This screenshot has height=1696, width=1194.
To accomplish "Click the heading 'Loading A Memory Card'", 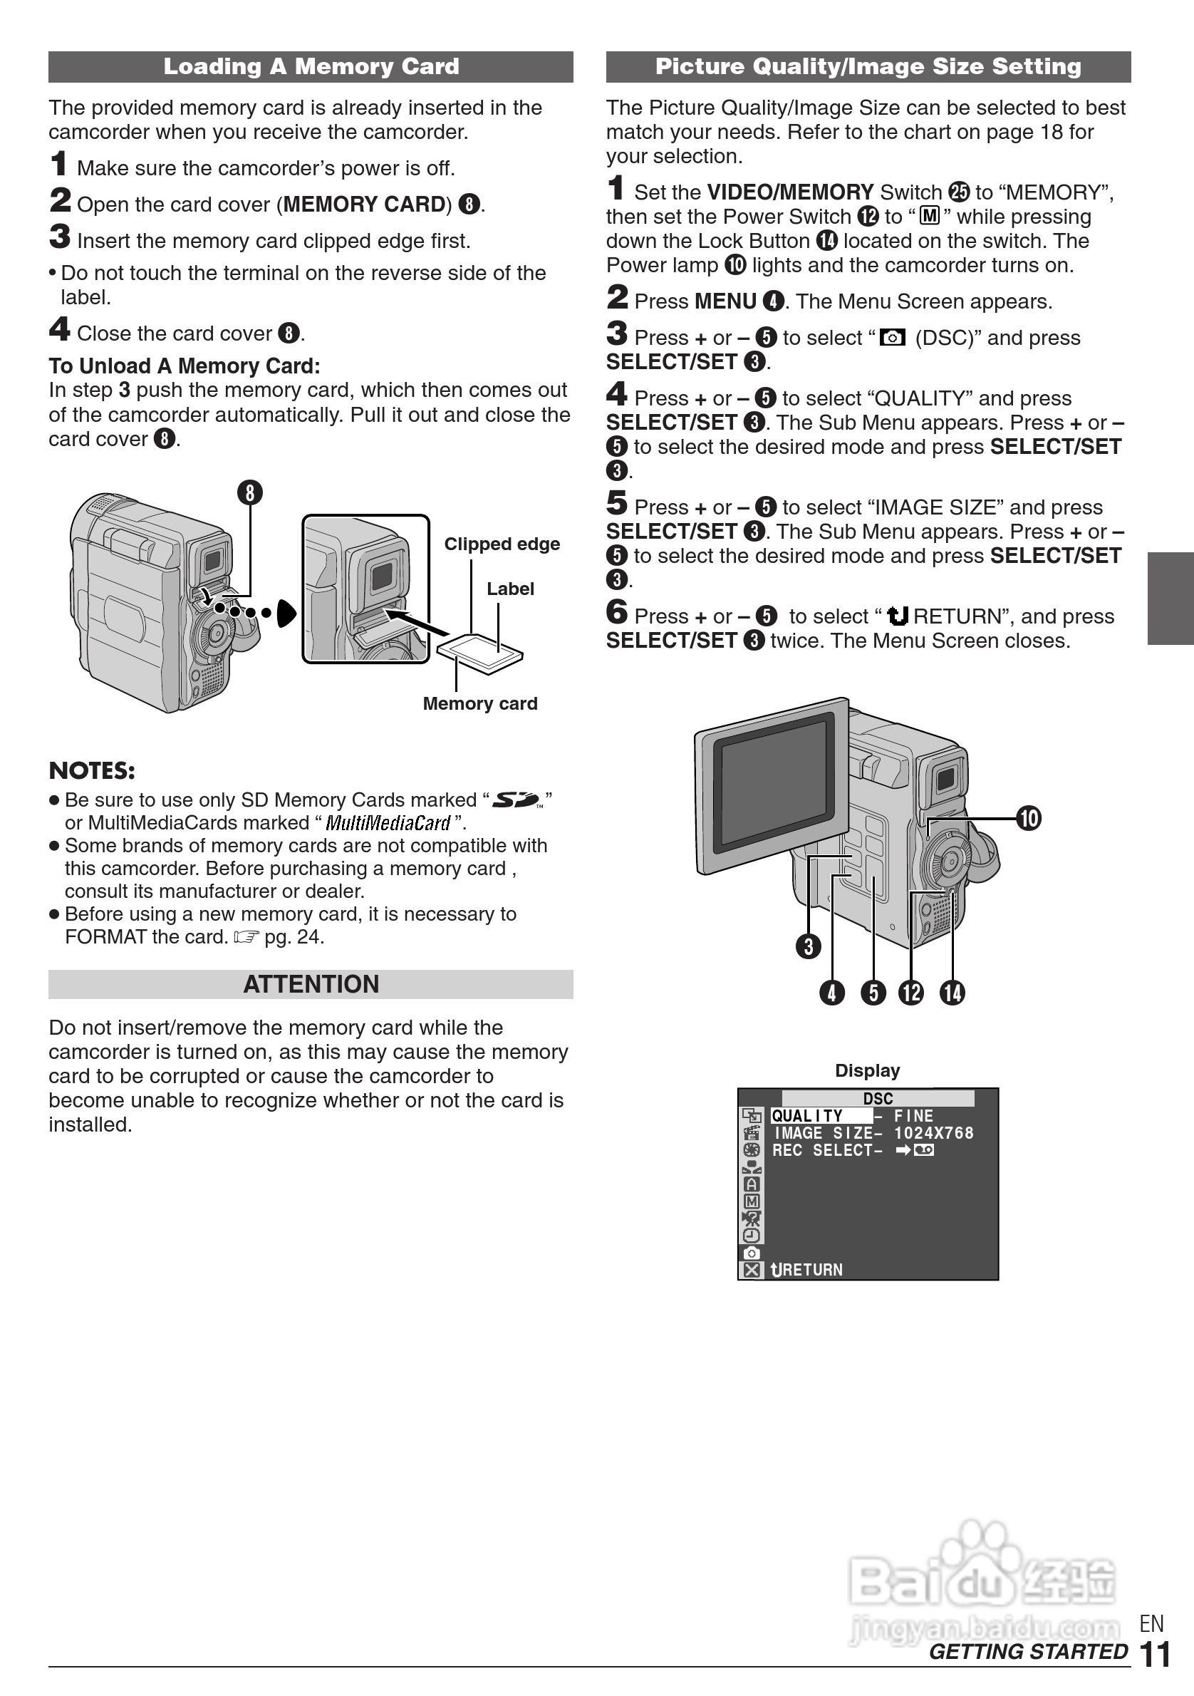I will (x=311, y=66).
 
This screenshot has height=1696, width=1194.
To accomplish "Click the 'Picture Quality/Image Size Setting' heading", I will (x=868, y=66).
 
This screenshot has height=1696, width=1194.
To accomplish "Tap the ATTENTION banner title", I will (x=311, y=984).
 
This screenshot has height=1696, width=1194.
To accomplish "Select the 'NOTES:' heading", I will (x=92, y=770).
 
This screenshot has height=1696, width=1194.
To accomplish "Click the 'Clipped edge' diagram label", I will (x=502, y=544).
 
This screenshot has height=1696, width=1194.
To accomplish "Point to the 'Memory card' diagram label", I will (x=480, y=703).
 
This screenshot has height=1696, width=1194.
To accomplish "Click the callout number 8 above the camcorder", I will (x=250, y=492).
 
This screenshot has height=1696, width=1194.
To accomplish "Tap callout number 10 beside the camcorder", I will (x=1029, y=819).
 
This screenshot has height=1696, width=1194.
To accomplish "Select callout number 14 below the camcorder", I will (x=952, y=993).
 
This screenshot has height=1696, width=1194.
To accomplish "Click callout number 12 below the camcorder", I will (x=911, y=993).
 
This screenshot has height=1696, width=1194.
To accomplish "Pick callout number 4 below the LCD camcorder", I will (x=832, y=993).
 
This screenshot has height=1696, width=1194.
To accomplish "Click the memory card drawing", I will (x=480, y=652).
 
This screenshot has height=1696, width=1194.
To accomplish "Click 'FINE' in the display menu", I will (x=913, y=1116).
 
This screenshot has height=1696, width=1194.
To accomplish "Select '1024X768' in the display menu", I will (x=933, y=1133).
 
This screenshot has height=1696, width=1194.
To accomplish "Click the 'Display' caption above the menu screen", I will (x=868, y=1070).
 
